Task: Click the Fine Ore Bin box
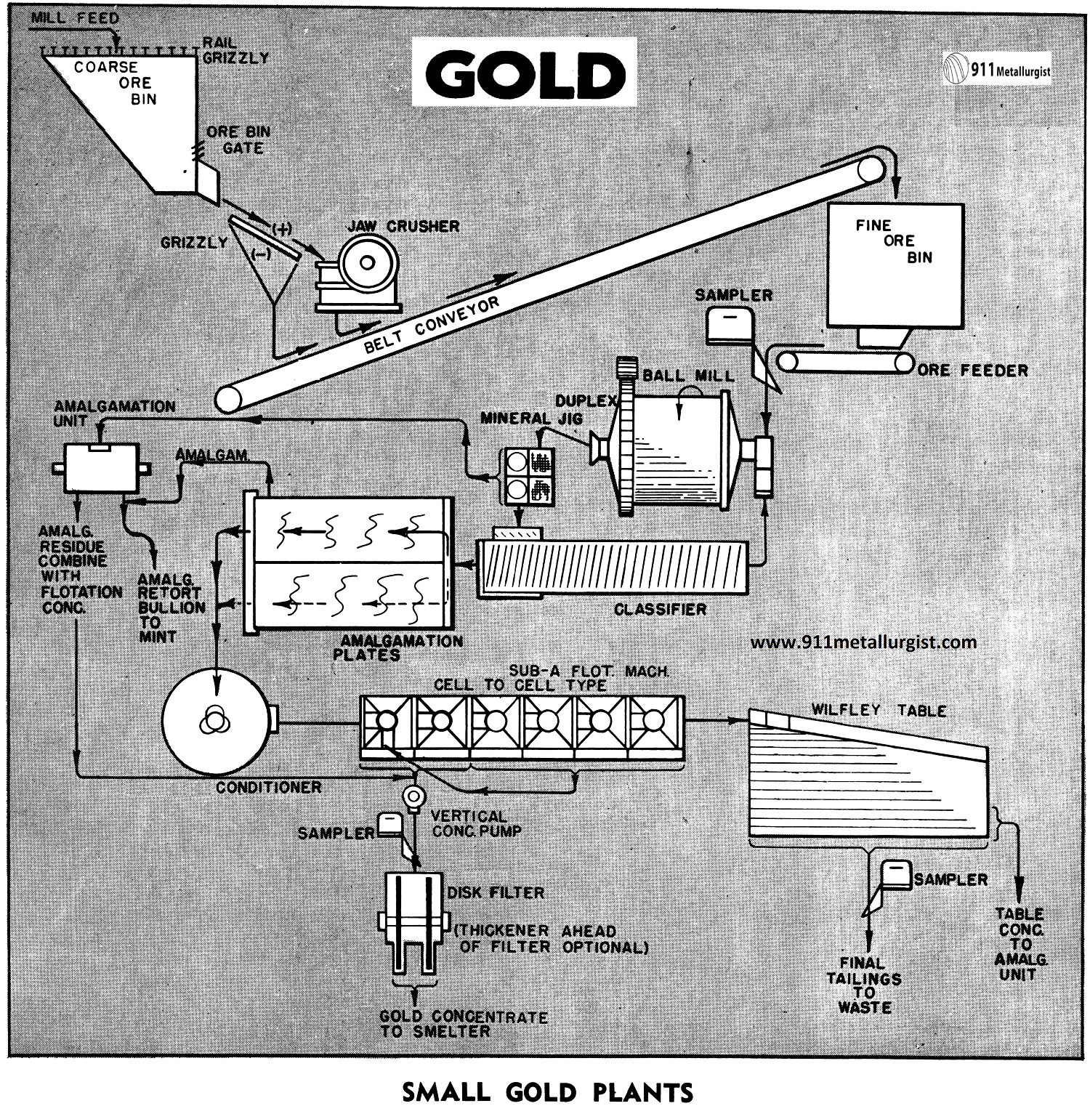pyautogui.click(x=896, y=265)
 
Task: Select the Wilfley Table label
pyautogui.click(x=879, y=709)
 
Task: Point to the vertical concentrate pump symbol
pyautogui.click(x=414, y=796)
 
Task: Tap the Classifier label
pyautogui.click(x=660, y=609)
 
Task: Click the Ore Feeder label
pyautogui.click(x=972, y=370)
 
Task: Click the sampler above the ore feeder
pyautogui.click(x=730, y=323)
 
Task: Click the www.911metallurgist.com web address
pyautogui.click(x=863, y=642)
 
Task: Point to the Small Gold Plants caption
pyautogui.click(x=547, y=1092)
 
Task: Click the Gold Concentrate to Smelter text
pyautogui.click(x=463, y=1023)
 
